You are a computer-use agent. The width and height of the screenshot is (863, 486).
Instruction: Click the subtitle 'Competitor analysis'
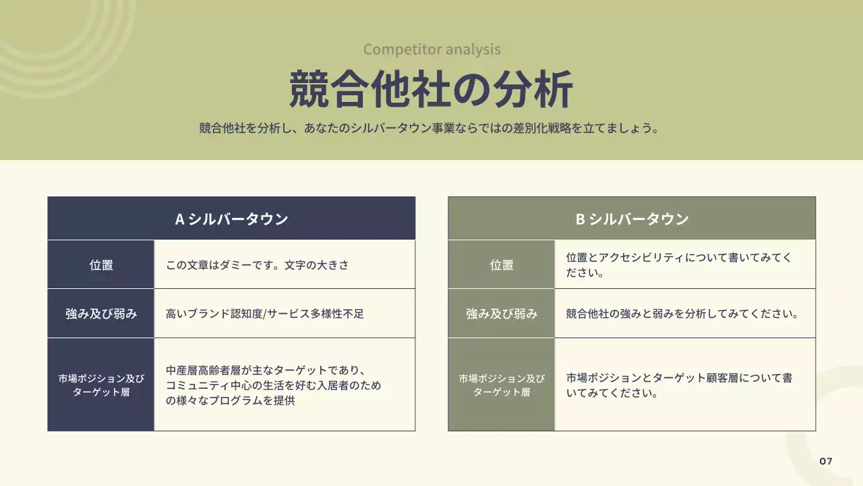coord(431,49)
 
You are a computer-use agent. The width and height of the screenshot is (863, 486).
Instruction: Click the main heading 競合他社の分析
coord(431,89)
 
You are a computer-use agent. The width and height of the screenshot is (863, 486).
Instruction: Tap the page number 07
coord(826,461)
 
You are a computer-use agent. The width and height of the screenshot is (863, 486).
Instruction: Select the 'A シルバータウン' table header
coord(231,219)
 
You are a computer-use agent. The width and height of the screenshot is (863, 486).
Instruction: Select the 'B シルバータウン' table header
coord(632,219)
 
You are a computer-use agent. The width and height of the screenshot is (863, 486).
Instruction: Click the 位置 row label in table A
coord(101,265)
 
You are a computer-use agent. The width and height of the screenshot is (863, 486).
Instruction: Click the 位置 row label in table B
coord(502,265)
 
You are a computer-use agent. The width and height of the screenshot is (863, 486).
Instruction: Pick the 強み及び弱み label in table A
coord(101,314)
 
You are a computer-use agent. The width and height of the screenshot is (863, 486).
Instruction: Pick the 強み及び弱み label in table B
coord(502,314)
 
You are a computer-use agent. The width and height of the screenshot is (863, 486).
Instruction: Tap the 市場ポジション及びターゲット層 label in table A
coord(101,385)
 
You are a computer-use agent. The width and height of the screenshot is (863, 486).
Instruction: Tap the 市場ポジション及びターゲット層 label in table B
coord(502,385)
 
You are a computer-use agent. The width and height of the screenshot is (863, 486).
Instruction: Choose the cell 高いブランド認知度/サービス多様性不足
coord(265,314)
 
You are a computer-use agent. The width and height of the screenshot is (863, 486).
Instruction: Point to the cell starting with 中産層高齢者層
coord(273,386)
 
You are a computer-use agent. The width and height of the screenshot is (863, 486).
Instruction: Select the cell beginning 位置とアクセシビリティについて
coord(679,265)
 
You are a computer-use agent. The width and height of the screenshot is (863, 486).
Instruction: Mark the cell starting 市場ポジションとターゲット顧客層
coord(679,385)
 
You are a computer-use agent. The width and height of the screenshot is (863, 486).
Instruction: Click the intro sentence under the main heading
coord(429,128)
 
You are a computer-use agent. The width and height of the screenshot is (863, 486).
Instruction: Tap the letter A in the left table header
coord(180,219)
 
